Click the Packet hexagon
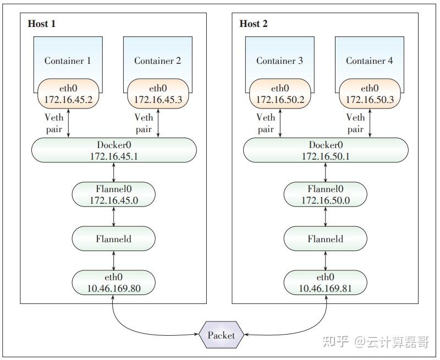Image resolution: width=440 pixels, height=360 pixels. pos(221,335)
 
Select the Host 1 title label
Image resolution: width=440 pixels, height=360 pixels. pos(41,24)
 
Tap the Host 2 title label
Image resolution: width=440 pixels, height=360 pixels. pos(253,24)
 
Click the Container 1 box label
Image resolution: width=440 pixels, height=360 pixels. pos(68,61)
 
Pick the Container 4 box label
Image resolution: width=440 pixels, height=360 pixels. pos(369,61)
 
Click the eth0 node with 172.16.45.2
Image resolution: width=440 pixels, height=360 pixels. pos(68,94)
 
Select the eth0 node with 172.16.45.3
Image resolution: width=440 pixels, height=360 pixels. pos(157,94)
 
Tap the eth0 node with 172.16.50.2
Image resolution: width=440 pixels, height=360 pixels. pos(279,94)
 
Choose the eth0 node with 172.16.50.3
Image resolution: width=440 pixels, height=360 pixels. pos(369,94)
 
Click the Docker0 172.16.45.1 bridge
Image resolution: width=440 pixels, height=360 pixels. pos(114,150)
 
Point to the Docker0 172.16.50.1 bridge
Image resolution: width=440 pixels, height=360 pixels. pos(326,150)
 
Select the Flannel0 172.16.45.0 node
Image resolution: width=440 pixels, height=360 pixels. pos(114,195)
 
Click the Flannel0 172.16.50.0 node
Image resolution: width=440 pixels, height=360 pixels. pos(325,195)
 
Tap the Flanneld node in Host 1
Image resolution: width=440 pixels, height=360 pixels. pos(114,238)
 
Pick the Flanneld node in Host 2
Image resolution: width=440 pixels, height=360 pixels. pos(325,238)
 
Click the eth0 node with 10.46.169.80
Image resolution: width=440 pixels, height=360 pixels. pos(114,282)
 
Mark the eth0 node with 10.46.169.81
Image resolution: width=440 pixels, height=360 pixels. pos(325,282)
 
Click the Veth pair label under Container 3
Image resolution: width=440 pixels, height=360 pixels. pos(266,123)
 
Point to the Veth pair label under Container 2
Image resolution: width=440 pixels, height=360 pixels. pos(144,123)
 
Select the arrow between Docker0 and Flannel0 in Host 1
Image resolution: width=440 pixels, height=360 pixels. pos(114,172)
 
